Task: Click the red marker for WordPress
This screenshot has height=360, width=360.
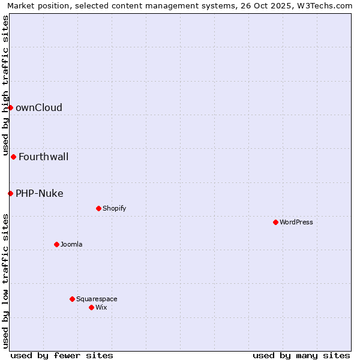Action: pos(275,222)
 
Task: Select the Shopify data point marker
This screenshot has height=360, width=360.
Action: pos(98,208)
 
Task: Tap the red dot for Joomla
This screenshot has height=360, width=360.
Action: pos(56,244)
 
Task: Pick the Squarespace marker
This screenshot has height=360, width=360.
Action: pos(72,299)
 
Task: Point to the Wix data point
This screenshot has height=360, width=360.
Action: pos(91,307)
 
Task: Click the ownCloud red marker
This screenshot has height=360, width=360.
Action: pos(10,107)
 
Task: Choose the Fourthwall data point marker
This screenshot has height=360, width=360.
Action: pos(13,157)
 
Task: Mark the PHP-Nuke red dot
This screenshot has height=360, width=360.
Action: pos(10,193)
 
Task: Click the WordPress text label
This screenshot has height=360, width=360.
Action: pos(296,222)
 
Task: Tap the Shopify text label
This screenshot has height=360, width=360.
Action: pos(114,208)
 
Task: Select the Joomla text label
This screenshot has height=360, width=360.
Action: pos(71,244)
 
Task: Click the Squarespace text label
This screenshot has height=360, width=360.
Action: pos(97,299)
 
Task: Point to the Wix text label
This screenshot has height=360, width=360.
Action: pos(101,307)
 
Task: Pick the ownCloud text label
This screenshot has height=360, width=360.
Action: pos(39,108)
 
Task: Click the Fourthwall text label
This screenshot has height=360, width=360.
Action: pos(44,157)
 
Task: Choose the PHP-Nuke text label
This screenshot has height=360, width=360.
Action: pos(40,193)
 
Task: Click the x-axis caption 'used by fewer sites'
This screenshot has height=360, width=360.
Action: pos(62,355)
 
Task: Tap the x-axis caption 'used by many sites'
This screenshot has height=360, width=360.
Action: pos(301,355)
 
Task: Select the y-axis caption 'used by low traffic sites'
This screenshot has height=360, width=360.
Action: pos(5,280)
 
